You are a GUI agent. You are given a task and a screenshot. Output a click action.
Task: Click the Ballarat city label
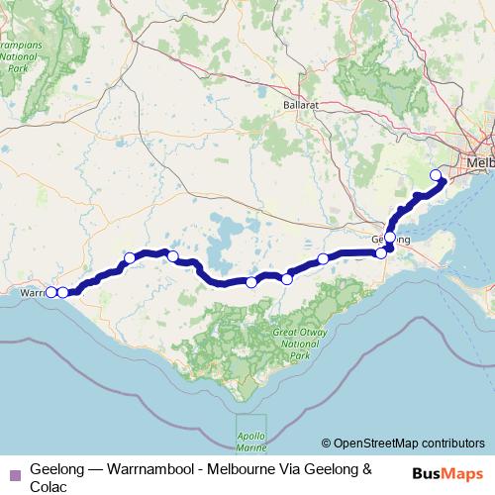(301, 104)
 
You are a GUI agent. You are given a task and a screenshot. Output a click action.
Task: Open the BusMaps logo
(448, 472)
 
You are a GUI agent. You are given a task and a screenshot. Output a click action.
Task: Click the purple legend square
(14, 472)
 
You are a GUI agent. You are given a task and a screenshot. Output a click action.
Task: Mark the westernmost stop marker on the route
(52, 291)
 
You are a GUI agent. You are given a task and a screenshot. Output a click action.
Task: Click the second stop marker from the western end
(63, 291)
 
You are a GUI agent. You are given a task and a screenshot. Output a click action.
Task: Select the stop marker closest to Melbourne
(436, 176)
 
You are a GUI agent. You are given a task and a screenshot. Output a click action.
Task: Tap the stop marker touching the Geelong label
(390, 238)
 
